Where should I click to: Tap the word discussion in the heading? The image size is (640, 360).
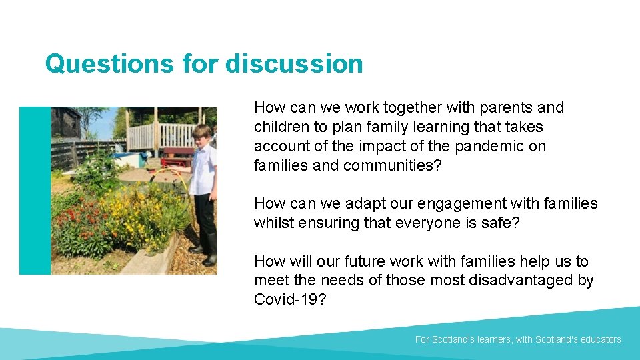click(294, 64)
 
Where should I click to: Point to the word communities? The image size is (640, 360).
click(392, 165)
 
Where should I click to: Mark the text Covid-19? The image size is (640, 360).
click(290, 300)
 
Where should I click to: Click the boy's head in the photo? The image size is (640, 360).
click(201, 135)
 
